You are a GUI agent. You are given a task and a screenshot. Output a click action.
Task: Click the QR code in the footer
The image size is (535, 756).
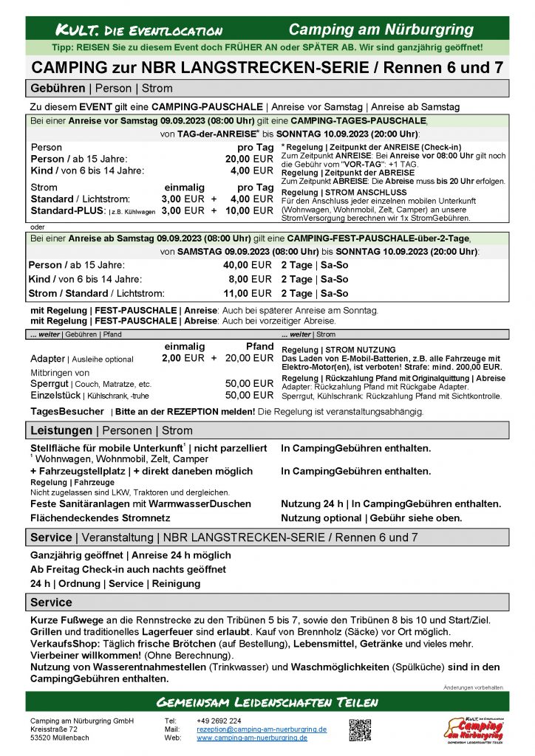(x=360, y=729)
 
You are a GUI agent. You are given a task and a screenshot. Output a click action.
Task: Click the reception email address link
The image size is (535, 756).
(x=262, y=729)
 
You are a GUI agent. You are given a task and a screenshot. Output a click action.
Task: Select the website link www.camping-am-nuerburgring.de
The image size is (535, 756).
(x=252, y=737)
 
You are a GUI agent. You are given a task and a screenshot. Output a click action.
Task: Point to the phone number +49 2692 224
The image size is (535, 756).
(x=219, y=721)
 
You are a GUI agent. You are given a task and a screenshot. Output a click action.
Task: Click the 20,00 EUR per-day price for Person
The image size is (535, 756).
(x=249, y=159)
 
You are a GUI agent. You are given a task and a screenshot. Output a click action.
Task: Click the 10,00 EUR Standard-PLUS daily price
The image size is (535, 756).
(x=249, y=210)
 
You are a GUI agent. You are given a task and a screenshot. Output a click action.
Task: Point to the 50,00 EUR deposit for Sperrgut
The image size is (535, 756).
(x=249, y=384)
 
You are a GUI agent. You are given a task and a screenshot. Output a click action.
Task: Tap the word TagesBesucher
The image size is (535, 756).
(x=67, y=411)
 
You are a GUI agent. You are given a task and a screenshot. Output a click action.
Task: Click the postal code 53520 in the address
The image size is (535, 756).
(x=41, y=737)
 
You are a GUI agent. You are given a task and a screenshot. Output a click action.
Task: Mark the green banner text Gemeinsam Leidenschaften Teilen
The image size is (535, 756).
(x=267, y=701)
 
